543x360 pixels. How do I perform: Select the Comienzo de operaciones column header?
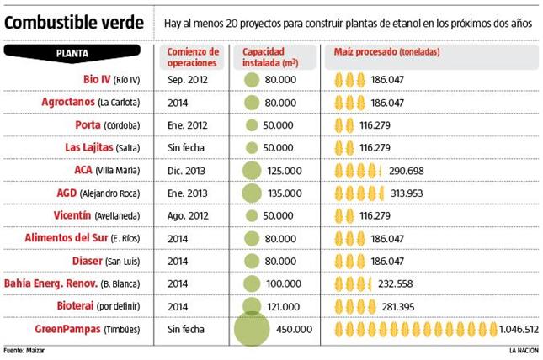coord(193,57)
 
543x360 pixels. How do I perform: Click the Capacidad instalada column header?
coord(270,57)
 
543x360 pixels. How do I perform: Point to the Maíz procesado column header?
coord(388,52)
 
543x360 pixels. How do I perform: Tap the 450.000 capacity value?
coord(294,329)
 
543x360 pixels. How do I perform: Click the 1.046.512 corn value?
coord(519,329)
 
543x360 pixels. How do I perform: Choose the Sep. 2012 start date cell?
coord(187,80)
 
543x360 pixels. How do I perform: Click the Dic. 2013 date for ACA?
coord(186,170)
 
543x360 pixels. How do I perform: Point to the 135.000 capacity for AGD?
coord(284,193)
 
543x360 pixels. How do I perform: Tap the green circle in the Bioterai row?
coord(251,306)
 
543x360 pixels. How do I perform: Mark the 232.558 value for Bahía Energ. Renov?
coord(397,283)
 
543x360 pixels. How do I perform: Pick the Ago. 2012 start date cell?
coord(187,215)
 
